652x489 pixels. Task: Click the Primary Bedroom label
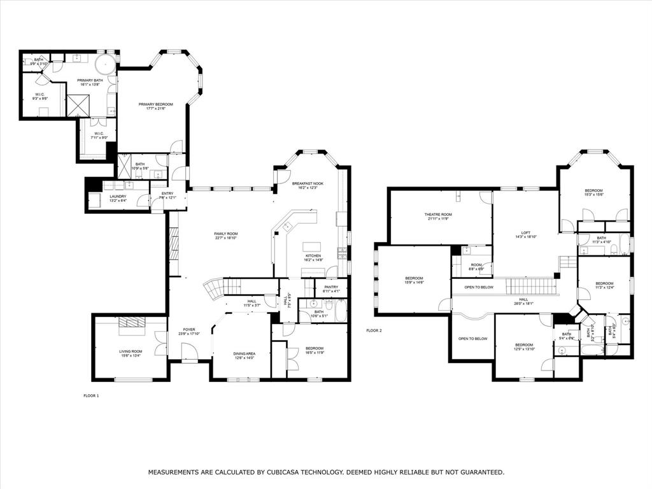pyautogui.click(x=156, y=104)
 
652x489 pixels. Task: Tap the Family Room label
pyautogui.click(x=225, y=234)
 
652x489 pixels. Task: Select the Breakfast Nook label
pyautogui.click(x=308, y=183)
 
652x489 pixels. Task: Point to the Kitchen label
pyautogui.click(x=313, y=255)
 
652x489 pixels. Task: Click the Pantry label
pyautogui.click(x=331, y=287)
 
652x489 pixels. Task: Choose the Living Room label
pyautogui.click(x=131, y=351)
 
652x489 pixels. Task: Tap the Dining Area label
pyautogui.click(x=243, y=353)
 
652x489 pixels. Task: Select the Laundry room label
pyautogui.click(x=117, y=196)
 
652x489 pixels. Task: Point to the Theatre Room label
pyautogui.click(x=438, y=215)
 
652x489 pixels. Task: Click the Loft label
pyautogui.click(x=526, y=232)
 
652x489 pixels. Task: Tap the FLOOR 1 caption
pyautogui.click(x=91, y=395)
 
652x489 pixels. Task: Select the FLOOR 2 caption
pyautogui.click(x=374, y=330)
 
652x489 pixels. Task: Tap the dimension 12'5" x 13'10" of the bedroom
pyautogui.click(x=525, y=349)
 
